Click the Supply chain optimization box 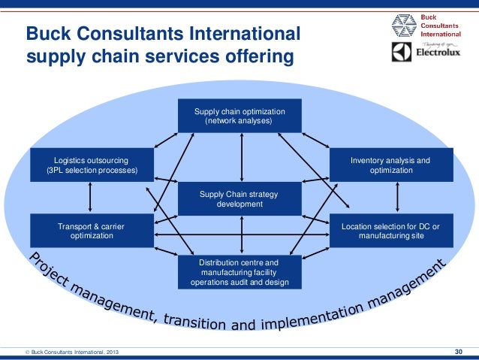tap(239, 115)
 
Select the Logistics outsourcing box tap(92, 165)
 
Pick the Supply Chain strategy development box tap(239, 198)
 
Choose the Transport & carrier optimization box tap(92, 230)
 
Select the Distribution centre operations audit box tap(239, 273)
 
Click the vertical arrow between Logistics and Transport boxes tap(90, 198)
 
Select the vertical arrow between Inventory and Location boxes tap(391, 198)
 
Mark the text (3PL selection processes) tap(92, 171)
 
